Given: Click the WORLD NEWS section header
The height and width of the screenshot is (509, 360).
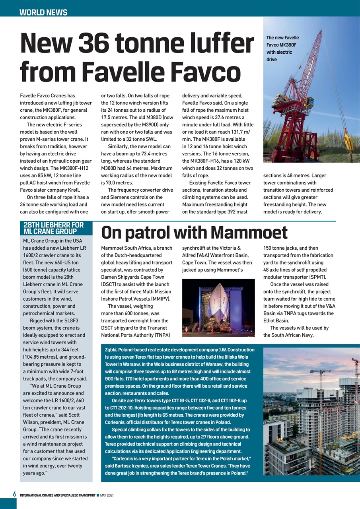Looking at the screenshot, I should point(43,12).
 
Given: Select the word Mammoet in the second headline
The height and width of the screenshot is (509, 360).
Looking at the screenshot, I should point(249,233).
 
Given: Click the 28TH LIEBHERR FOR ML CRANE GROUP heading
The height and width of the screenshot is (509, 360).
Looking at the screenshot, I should point(54,228).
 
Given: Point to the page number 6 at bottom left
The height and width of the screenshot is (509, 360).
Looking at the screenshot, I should point(14,494).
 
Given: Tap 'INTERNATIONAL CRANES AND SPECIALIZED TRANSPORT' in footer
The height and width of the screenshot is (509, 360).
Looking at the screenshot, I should point(57,495).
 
